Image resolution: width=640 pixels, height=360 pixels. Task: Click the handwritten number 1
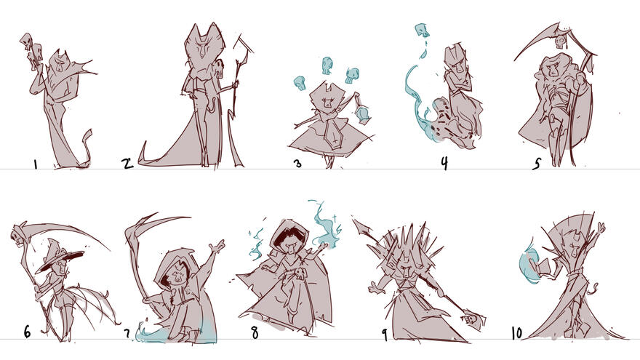point(35,164)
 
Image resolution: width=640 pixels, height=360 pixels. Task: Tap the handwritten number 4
point(443,163)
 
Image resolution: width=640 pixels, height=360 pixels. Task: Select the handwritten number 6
point(27,332)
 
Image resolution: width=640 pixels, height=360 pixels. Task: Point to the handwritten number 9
point(384,335)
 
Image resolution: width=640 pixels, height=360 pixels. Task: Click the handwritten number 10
point(516,333)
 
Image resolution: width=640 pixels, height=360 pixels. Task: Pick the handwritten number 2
point(127,163)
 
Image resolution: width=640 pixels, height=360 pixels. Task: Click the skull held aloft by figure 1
point(29,45)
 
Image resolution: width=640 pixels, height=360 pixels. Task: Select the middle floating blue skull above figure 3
point(327,65)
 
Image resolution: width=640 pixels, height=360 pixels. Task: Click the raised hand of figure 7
point(216,247)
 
